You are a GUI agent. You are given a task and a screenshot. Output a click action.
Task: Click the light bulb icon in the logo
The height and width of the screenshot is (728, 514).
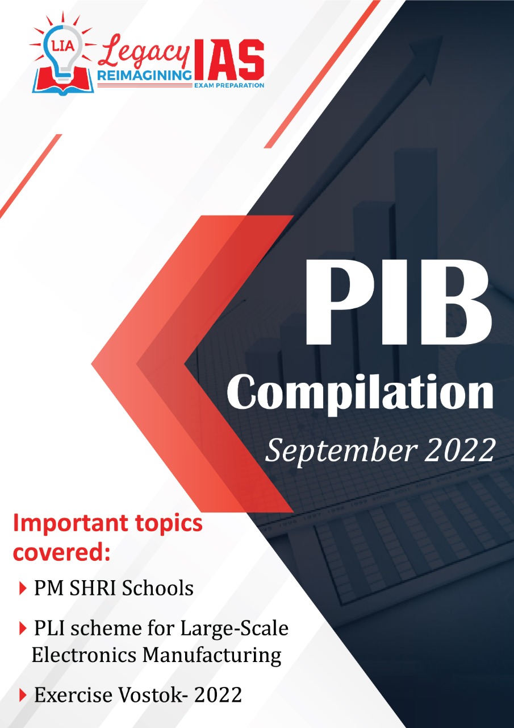pos(63,53)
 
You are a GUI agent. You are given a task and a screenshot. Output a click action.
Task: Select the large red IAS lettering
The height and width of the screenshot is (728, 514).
pos(228,60)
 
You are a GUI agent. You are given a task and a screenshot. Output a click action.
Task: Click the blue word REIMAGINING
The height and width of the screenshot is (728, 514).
pos(144,76)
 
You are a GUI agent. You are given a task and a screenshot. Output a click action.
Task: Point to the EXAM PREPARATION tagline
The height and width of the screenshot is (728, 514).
pos(229,85)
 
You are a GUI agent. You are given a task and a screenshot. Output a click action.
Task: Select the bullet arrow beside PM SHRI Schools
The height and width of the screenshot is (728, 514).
pos(23,588)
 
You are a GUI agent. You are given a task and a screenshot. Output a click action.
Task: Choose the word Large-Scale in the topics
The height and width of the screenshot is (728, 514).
pos(234,629)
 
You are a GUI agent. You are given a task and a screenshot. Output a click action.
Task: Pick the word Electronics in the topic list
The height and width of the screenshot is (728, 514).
pos(84,655)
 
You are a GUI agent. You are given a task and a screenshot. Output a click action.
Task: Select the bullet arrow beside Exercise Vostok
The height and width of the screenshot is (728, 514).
pos(23,696)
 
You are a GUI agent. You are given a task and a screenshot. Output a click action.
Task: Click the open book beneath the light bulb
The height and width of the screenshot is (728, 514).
pos(63,81)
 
